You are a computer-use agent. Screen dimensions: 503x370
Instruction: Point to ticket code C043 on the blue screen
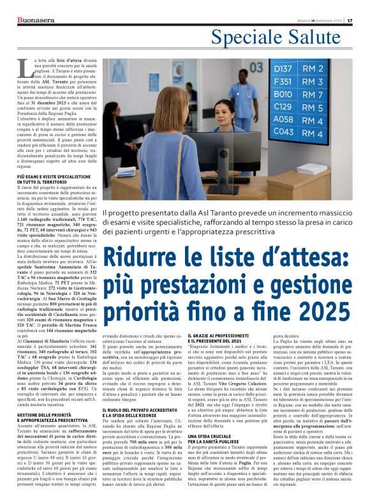coord(283,133)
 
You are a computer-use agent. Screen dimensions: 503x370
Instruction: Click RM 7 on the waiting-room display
coord(313,94)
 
